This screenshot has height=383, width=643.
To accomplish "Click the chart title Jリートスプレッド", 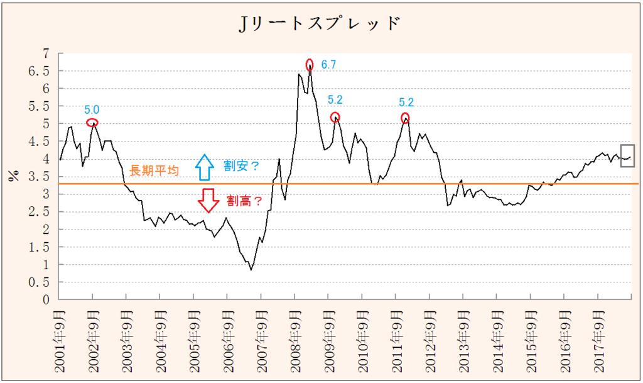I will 320,24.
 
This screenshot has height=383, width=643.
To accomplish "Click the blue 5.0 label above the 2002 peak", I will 92,109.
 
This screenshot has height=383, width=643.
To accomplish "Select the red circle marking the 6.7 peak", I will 310,64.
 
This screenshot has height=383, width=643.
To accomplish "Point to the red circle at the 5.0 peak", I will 92,123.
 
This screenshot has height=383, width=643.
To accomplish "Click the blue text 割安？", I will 241,165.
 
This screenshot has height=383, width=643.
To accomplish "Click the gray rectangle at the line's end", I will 627,156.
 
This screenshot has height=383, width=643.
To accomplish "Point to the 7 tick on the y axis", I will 45,53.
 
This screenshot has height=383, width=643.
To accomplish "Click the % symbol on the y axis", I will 13,175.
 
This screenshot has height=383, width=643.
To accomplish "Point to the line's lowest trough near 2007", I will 251,270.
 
